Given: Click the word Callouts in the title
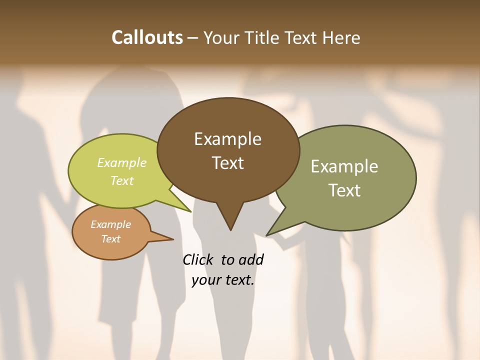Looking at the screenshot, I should pos(147,37).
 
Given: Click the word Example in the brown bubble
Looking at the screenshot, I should pos(227,139).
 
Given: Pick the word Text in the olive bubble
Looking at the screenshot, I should pos(344,190).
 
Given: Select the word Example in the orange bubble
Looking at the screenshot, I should pos(110,224).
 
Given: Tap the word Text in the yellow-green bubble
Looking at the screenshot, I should pos(121,180).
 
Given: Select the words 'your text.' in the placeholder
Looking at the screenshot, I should pos(222,280).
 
